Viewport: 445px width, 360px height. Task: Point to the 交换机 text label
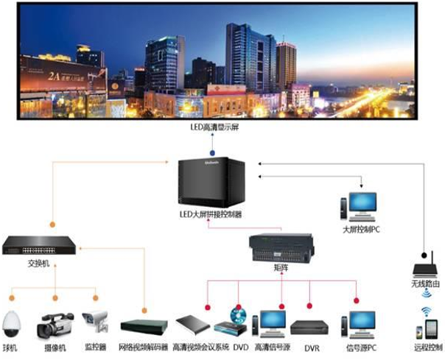tap(36, 263)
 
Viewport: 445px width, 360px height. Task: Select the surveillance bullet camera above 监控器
tap(96, 320)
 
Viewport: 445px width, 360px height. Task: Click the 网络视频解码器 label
tap(144, 347)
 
